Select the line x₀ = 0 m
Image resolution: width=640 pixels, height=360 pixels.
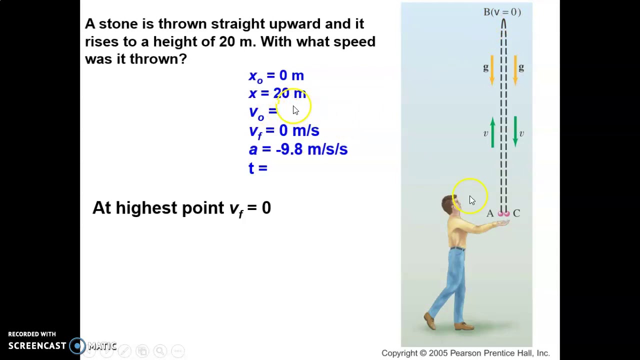[276, 76]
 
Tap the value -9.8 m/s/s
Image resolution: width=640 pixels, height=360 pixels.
[311, 149]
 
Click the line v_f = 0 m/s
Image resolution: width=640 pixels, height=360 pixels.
[283, 131]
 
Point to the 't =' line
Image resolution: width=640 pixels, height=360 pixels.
[258, 168]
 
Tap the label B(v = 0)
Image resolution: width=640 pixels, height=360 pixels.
[502, 12]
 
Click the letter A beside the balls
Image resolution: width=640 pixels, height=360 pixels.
[490, 213]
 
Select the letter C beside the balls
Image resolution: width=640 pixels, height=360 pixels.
[516, 213]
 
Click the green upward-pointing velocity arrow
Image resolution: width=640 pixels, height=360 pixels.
[492, 132]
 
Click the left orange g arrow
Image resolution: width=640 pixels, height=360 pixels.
[492, 69]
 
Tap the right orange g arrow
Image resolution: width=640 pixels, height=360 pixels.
[515, 69]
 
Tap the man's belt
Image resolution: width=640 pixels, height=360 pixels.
[457, 248]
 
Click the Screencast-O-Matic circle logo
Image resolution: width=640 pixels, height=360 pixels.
[77, 346]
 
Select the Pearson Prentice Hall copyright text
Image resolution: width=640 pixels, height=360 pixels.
[465, 353]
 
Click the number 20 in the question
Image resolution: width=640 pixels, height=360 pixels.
[226, 41]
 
